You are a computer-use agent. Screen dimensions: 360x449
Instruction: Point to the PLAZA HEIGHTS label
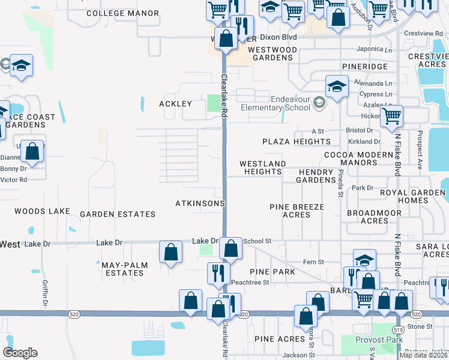(x=297, y=142)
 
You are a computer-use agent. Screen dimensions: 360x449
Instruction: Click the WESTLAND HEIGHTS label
(x=262, y=167)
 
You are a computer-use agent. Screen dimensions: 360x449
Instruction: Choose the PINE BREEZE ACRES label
(x=297, y=211)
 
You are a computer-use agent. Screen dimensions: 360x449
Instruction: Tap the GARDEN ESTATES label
(x=118, y=214)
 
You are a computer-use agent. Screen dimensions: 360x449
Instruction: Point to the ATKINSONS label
(x=200, y=203)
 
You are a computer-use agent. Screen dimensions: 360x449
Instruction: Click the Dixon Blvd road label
(x=281, y=37)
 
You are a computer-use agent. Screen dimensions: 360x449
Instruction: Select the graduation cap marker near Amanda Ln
(x=337, y=86)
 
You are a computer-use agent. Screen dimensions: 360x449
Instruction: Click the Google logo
(x=20, y=353)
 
